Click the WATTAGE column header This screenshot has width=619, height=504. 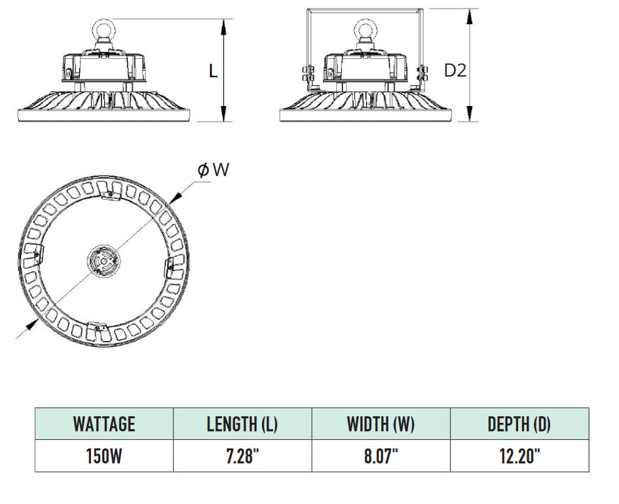(104, 423)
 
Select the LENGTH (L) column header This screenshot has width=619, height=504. (242, 423)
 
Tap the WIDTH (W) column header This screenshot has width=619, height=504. (381, 423)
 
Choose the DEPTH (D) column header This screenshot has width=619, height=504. (519, 423)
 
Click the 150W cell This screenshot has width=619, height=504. (104, 456)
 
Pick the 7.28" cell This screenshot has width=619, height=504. (242, 456)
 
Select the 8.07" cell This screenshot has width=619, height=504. (381, 456)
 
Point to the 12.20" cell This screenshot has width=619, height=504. (519, 456)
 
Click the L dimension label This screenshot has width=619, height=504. (213, 71)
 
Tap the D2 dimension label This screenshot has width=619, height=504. (455, 70)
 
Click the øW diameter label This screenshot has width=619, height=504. (214, 170)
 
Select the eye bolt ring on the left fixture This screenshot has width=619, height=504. (104, 30)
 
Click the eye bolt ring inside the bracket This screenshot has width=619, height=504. (367, 30)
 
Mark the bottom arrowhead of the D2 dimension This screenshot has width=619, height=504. (470, 116)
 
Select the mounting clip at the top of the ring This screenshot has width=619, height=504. (109, 190)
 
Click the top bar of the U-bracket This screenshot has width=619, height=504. (364, 9)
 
